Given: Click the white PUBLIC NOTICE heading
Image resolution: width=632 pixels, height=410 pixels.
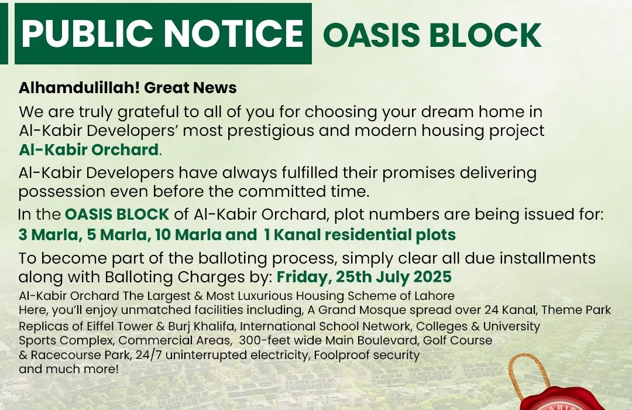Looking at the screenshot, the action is pos(163,33).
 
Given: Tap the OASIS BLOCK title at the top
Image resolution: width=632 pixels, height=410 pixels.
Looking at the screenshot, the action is pos(432,35).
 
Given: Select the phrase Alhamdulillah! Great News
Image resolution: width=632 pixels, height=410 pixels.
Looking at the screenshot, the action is pos(128,88).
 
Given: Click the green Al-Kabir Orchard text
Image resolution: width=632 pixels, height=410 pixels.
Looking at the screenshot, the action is pos(89,150).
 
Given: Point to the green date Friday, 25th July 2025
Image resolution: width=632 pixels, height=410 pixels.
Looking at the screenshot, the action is pos(364,277).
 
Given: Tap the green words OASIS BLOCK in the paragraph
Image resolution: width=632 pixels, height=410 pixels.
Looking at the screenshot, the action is pos(117,214).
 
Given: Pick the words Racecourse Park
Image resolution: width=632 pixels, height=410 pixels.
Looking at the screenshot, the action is pos(80,355).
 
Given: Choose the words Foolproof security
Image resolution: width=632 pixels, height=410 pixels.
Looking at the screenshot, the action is pos(366,355).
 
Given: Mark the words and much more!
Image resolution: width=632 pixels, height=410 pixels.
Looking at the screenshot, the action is pos(68,369).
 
